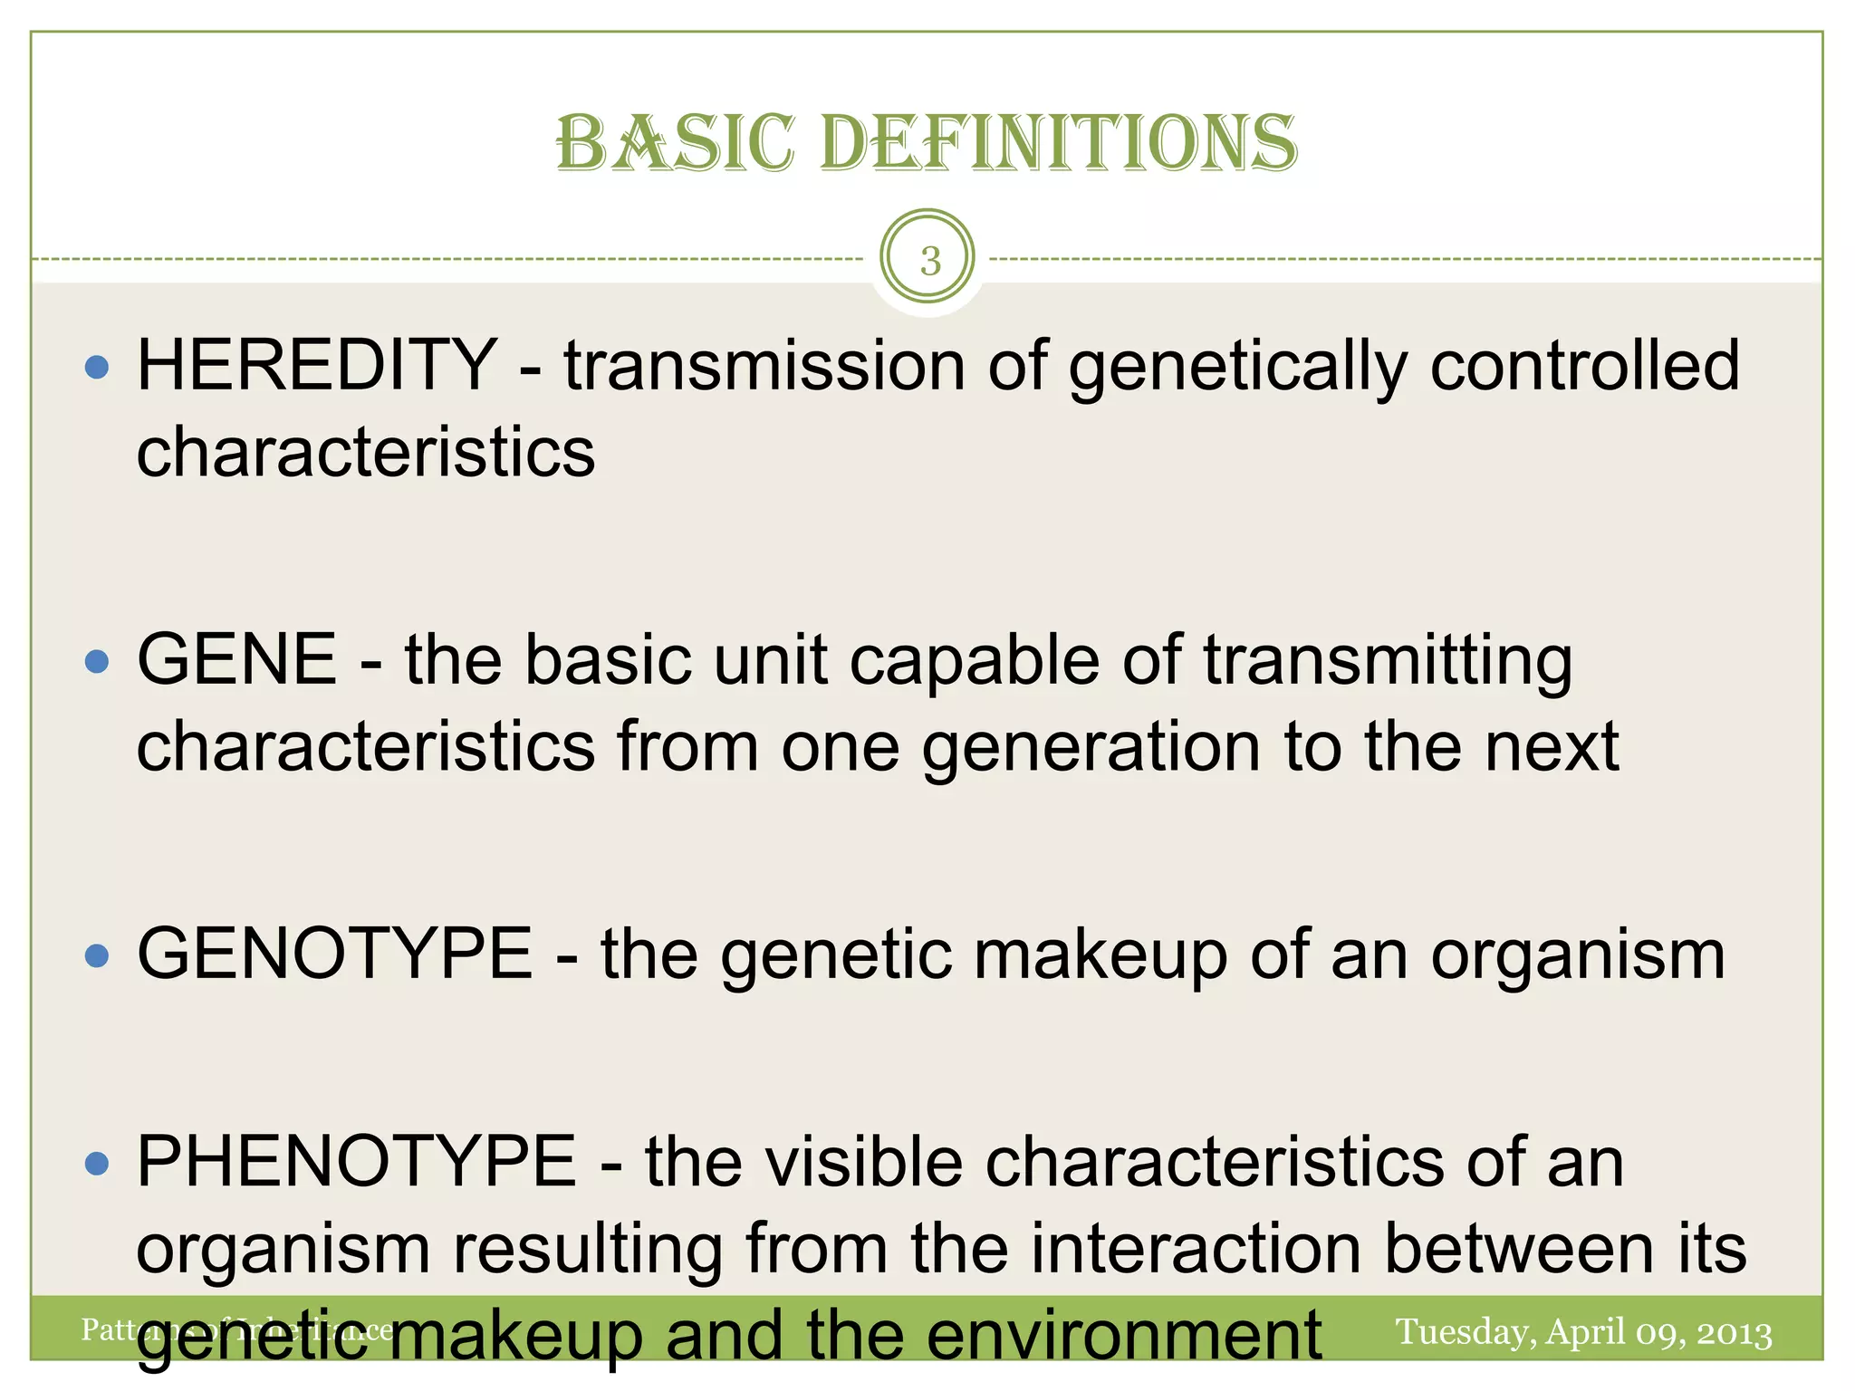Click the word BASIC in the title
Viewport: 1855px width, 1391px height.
coord(675,143)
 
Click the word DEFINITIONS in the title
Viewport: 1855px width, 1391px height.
coord(1058,143)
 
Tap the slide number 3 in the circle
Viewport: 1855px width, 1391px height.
coord(929,261)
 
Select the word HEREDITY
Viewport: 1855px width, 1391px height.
coord(316,365)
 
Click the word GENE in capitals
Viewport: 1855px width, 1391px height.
coord(237,659)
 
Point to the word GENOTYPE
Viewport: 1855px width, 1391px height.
coord(334,954)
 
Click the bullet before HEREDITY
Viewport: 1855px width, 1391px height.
coord(96,367)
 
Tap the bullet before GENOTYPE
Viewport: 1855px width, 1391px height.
coord(96,955)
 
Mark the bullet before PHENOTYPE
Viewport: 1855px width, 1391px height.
coord(96,1164)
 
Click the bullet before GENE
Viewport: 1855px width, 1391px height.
coord(96,661)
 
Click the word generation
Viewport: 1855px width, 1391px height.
coord(1091,748)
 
